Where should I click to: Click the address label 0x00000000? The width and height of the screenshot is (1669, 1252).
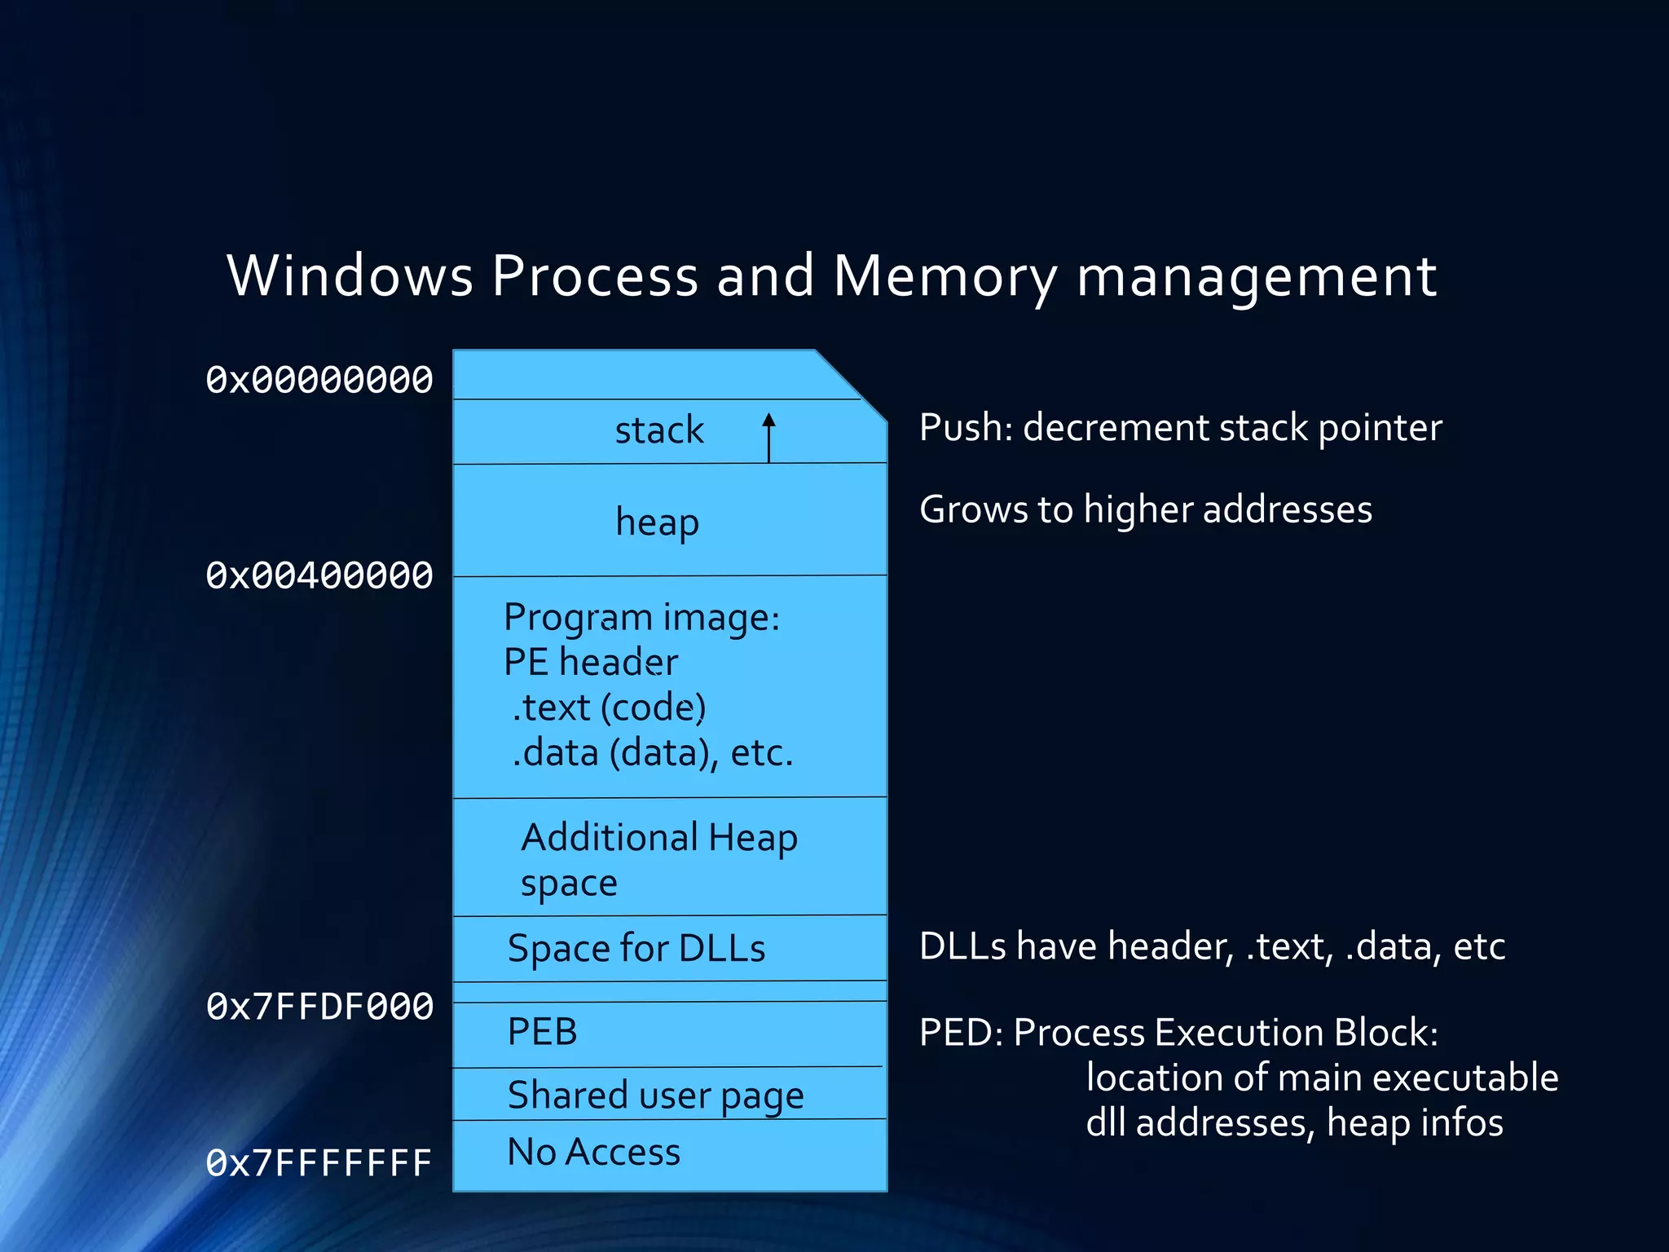coord(319,380)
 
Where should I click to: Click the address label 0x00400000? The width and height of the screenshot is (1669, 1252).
coord(319,576)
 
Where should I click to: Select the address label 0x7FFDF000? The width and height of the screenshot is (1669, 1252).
coord(319,1007)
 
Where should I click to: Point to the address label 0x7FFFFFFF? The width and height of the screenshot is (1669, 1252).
coord(319,1163)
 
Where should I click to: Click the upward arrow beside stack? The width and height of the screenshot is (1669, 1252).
coord(768,437)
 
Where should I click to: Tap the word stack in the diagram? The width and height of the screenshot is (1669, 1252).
coord(658,430)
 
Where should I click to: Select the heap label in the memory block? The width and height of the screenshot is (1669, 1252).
coord(657,522)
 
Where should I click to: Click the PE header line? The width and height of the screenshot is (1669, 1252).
coord(590,662)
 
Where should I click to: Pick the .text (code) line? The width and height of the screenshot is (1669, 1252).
coord(608,707)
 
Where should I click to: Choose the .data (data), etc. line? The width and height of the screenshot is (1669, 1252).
coord(652,752)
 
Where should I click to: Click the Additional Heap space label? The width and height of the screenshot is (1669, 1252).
coord(658,859)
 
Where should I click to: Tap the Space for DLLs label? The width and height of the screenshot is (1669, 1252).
coord(636,948)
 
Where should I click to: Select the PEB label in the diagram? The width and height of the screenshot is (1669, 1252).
coord(542,1032)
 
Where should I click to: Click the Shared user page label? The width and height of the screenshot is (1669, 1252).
coord(655,1095)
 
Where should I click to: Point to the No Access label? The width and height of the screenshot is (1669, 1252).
coord(593,1152)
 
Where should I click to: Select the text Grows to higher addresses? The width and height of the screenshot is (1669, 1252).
coord(1145,509)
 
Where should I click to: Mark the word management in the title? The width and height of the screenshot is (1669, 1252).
coord(1256,277)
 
